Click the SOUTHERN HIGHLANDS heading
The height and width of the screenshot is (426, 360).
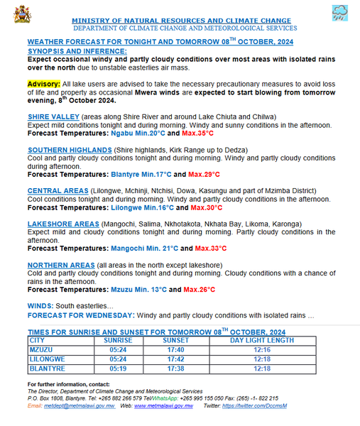point(70,151)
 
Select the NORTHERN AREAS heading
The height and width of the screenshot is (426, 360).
point(61,266)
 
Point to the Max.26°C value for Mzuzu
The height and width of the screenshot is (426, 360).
point(200,290)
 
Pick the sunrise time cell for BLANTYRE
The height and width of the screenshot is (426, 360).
point(104,369)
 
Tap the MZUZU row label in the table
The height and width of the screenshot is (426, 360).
point(43,350)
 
